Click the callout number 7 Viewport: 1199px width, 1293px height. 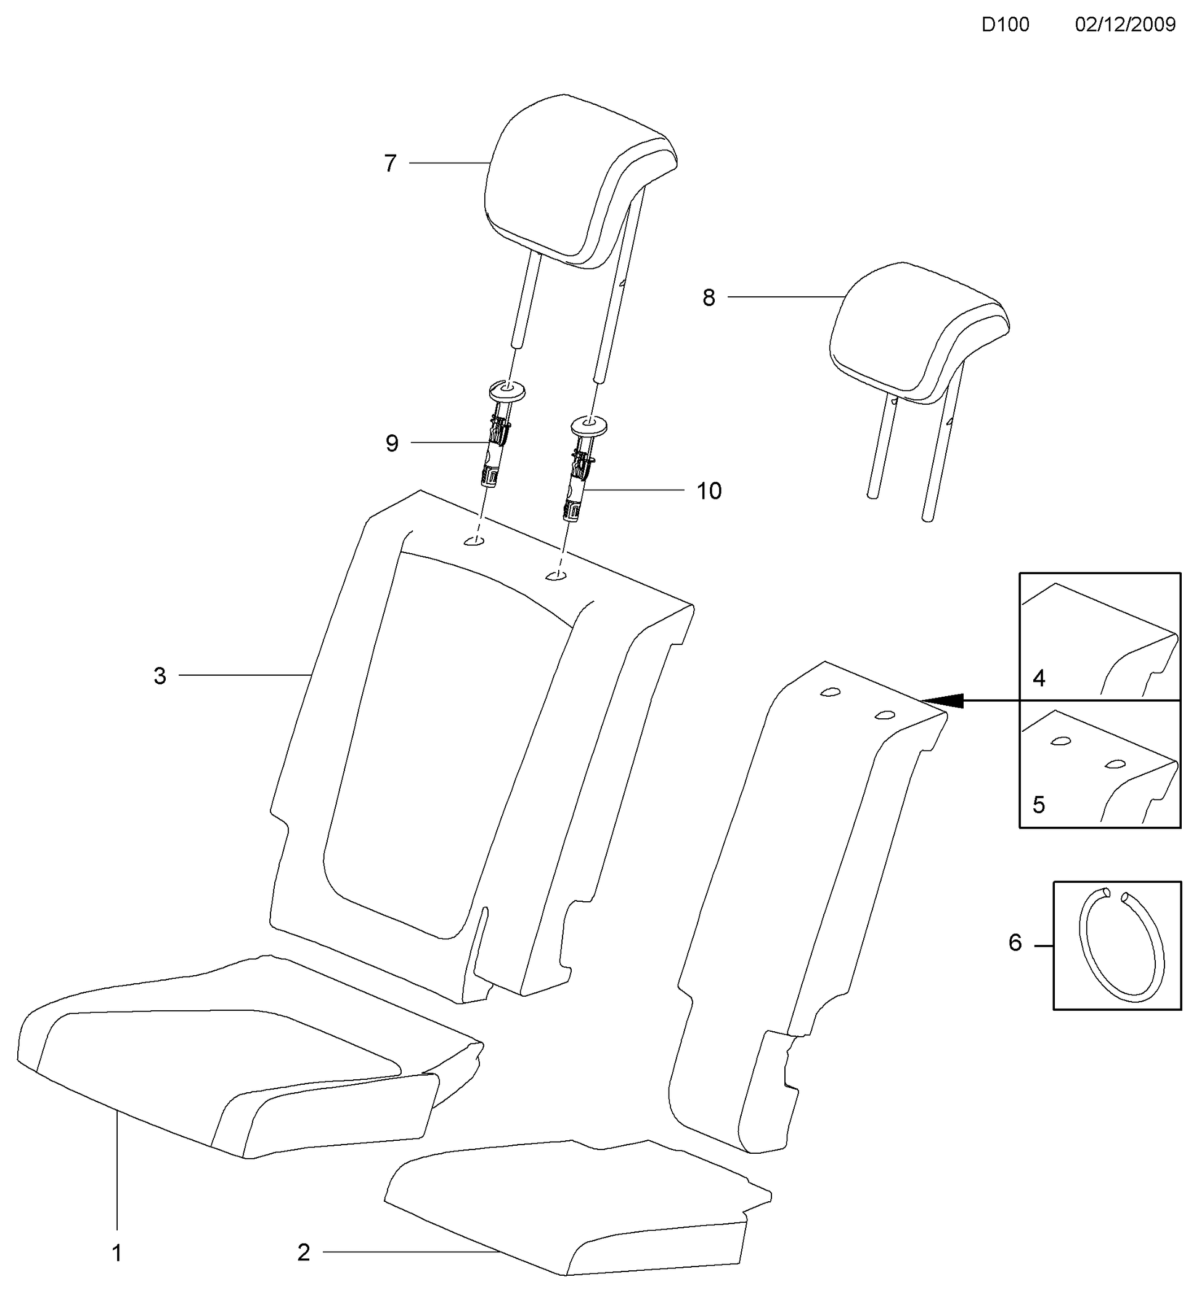(x=390, y=163)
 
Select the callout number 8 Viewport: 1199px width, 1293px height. (x=709, y=298)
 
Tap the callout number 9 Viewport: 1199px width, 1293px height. (x=392, y=444)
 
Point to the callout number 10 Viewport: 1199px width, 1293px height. (x=709, y=491)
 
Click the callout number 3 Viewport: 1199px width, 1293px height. (x=160, y=676)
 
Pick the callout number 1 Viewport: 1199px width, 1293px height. (x=118, y=1254)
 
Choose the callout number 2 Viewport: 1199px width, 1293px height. (x=304, y=1253)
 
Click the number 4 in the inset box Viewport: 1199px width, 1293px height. (x=1039, y=679)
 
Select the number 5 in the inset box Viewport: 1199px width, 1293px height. (x=1039, y=805)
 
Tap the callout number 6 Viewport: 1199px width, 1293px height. (x=1015, y=942)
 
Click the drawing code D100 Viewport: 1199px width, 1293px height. (x=1005, y=25)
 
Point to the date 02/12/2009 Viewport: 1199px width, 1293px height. (x=1126, y=25)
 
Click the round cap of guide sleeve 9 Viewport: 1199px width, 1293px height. (x=506, y=391)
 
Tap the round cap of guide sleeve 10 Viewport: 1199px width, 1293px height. (x=589, y=426)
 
